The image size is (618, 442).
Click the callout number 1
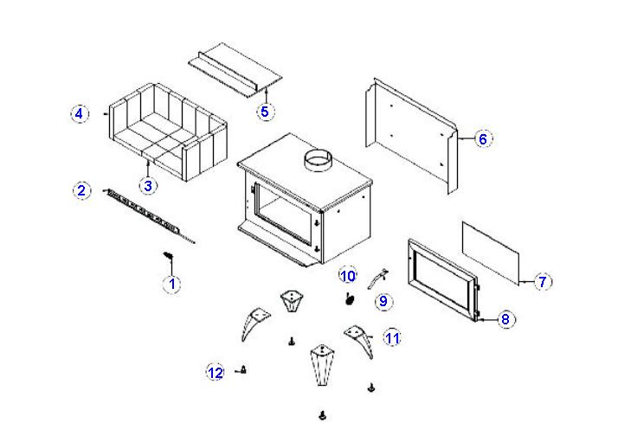171,283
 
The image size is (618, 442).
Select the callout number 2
80,190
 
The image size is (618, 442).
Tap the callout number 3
148,185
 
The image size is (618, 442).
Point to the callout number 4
79,113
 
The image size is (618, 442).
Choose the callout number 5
265,111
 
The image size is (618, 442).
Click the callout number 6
483,138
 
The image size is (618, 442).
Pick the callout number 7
543,281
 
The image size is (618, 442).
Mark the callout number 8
506,319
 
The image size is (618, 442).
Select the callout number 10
348,276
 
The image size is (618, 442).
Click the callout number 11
392,338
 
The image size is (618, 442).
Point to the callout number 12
216,373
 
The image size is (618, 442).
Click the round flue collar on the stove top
318,161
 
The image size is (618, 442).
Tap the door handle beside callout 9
377,279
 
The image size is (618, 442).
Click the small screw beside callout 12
244,370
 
